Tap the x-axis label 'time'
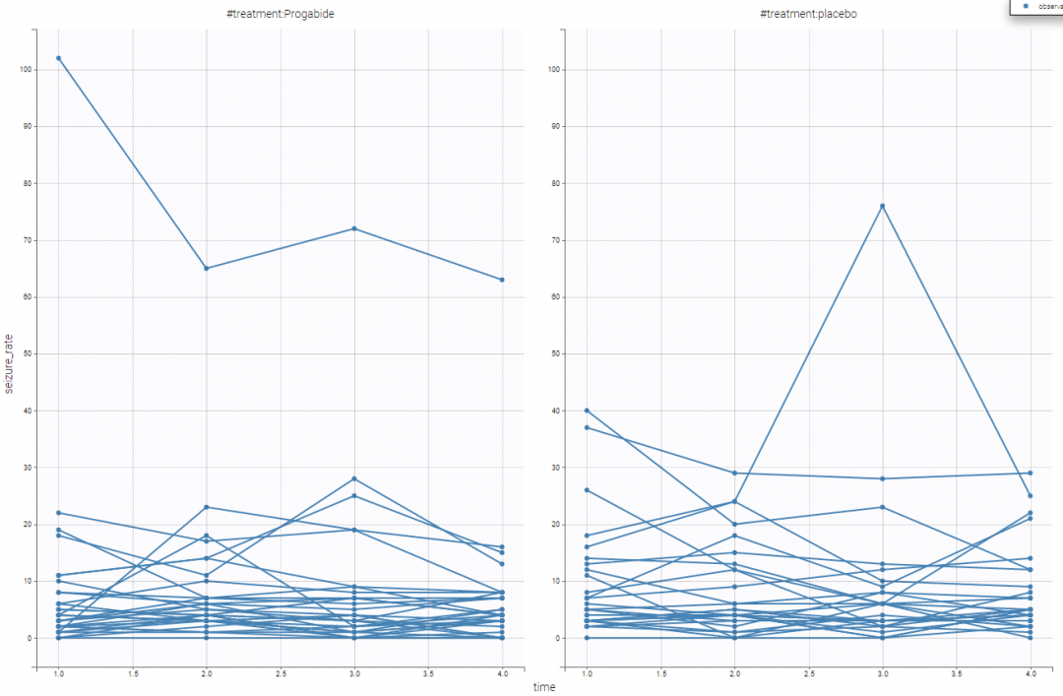coord(544,687)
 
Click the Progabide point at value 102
coord(59,58)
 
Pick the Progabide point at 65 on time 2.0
coord(207,268)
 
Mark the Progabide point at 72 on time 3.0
coord(354,228)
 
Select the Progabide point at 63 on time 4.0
coord(502,280)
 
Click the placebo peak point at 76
coord(883,206)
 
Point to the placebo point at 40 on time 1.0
coord(588,411)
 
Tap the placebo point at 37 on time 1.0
coord(588,427)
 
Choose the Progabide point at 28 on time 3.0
coord(354,478)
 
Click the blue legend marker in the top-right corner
coord(1027,6)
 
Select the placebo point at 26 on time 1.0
coord(588,490)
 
